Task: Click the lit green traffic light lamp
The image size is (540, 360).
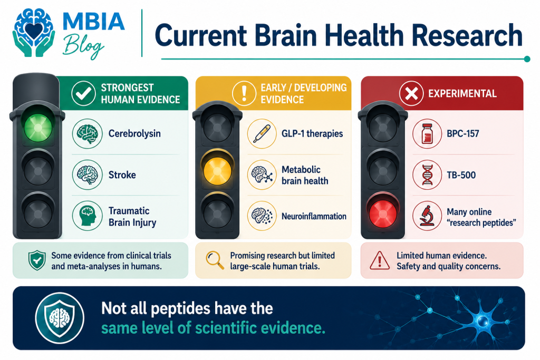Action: pos(38,128)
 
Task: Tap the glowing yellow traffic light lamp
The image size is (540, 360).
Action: pos(217,171)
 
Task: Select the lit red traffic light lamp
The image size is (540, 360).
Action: pos(383,213)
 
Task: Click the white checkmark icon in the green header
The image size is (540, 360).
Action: pos(83,93)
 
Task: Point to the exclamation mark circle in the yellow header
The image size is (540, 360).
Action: pos(244,93)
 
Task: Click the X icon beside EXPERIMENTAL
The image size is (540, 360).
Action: pos(411,93)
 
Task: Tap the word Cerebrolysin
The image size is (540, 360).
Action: pos(134,133)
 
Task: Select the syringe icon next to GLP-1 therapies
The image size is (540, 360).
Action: pos(262,133)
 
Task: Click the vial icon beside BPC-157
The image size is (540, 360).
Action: pos(427,133)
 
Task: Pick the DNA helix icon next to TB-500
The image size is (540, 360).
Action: pos(427,175)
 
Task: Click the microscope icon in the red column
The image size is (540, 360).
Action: pos(427,216)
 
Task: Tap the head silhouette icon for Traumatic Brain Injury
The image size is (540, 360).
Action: pos(87,216)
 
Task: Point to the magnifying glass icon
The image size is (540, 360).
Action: pos(215,260)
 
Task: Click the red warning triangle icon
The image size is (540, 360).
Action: pos(380,260)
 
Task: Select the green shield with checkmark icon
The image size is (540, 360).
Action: pos(37,260)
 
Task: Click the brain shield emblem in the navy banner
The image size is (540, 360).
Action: pos(60,317)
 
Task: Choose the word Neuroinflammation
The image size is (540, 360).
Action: pos(314,216)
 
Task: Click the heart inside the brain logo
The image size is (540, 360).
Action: pos(34,30)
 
